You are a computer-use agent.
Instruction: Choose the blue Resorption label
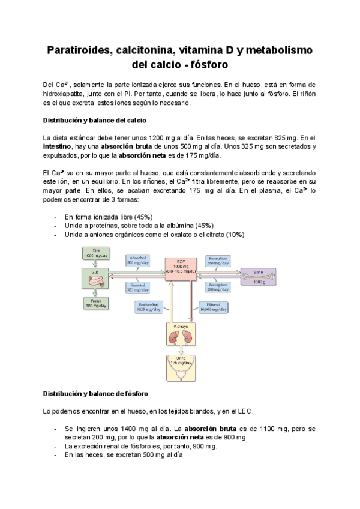[219, 286]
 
